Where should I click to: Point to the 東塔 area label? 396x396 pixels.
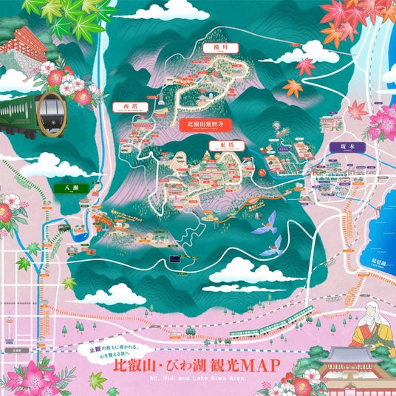(216, 146)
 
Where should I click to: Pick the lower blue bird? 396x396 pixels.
(274, 244)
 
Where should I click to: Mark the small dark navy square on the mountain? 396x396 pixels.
(174, 259)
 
